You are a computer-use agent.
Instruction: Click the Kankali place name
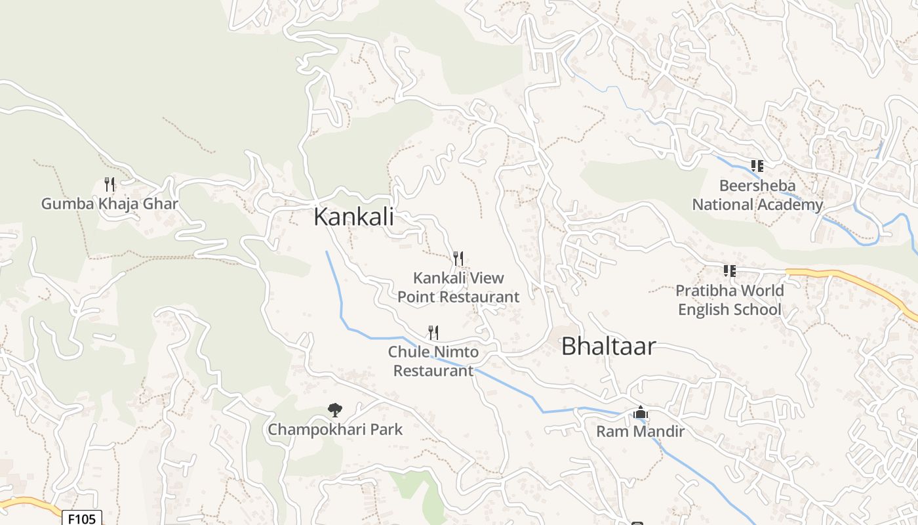[353, 217]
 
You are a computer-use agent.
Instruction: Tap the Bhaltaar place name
[608, 346]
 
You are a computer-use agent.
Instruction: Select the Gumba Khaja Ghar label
[110, 203]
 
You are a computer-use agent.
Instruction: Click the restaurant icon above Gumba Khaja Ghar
[110, 184]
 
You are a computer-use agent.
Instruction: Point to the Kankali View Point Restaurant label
[458, 287]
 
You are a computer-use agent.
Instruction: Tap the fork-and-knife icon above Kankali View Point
[458, 259]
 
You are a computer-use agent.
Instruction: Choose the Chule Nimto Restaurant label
[433, 362]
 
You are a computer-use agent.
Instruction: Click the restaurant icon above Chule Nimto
[433, 333]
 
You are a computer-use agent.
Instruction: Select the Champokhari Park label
[335, 430]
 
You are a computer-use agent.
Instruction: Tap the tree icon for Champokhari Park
[335, 410]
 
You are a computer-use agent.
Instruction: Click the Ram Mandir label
[640, 431]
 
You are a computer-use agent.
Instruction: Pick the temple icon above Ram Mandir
[641, 413]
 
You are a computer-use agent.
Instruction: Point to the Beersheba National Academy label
[757, 195]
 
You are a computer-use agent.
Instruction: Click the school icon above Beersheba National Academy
[757, 166]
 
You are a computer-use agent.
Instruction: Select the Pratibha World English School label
[729, 300]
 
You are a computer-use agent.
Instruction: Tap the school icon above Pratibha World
[729, 270]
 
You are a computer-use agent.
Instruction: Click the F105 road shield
[82, 518]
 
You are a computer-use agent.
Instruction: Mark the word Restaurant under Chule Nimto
[433, 371]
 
